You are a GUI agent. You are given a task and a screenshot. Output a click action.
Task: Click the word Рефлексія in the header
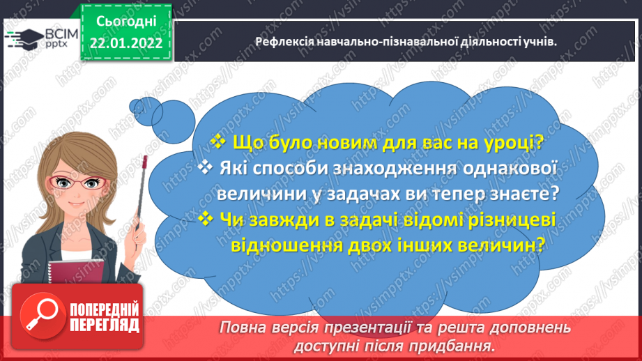pos(284,42)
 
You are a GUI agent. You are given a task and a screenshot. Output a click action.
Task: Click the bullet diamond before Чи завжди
pos(205,220)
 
